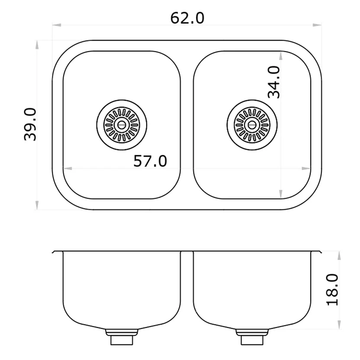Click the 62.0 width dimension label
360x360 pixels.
pos(187,18)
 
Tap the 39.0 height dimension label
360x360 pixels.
pos(30,125)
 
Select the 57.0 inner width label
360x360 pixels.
pos(150,161)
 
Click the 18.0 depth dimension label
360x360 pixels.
pos(332,289)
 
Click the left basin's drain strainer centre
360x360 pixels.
pos(122,125)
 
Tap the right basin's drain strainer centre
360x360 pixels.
pos(252,125)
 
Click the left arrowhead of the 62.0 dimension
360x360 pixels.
pos(57,25)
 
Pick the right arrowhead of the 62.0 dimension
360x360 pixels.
pos(317,25)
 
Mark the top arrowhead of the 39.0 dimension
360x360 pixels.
pos(37,45)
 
